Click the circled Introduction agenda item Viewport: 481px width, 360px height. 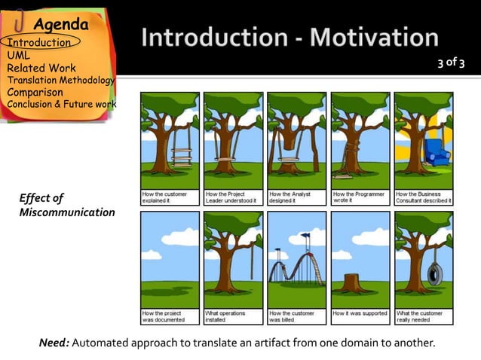[x=39, y=43]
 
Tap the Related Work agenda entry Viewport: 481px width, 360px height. [x=41, y=69]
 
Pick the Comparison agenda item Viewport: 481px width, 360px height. [x=35, y=93]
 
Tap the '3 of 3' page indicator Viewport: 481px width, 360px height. [x=452, y=63]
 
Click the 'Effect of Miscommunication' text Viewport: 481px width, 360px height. [x=67, y=205]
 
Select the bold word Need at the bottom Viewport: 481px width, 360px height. [x=54, y=343]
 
